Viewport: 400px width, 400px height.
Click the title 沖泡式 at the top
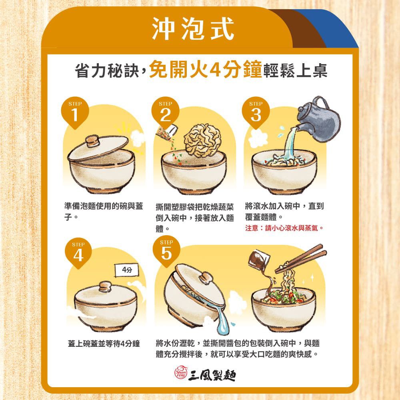point(193,29)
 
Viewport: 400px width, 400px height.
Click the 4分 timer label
point(126,271)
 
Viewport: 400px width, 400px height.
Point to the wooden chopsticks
point(304,258)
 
